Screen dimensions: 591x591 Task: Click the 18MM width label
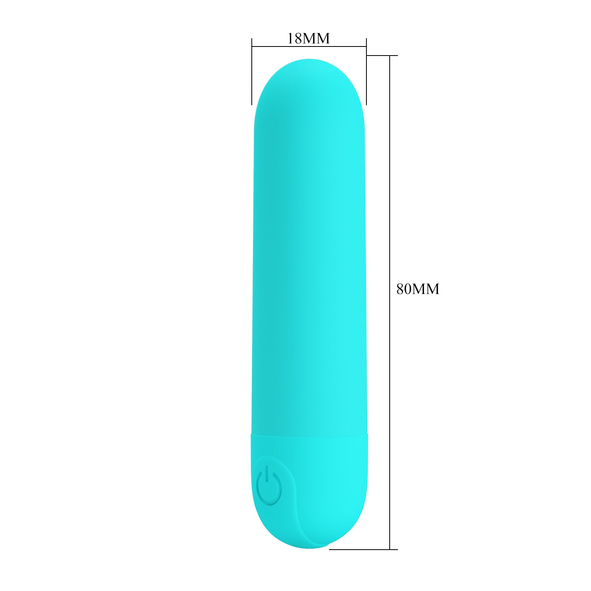pyautogui.click(x=309, y=39)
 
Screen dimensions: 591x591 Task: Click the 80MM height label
pyautogui.click(x=418, y=289)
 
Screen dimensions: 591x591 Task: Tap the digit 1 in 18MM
pyautogui.click(x=290, y=39)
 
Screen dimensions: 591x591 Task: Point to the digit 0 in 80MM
pyautogui.click(x=408, y=289)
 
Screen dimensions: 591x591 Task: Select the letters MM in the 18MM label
pyautogui.click(x=316, y=39)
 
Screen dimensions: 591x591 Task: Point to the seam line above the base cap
pyautogui.click(x=310, y=436)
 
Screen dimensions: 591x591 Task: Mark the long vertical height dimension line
pyautogui.click(x=390, y=355)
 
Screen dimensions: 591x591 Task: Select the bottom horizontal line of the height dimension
pyautogui.click(x=362, y=549)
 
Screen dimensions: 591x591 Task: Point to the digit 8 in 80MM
pyautogui.click(x=401, y=289)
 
